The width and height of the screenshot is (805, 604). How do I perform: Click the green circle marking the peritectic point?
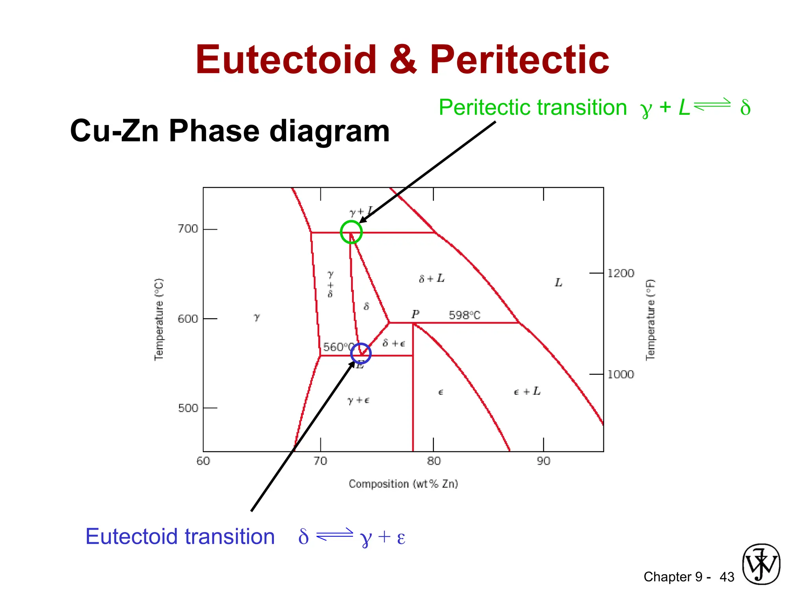point(351,232)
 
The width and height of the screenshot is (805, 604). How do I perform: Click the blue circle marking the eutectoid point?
point(361,353)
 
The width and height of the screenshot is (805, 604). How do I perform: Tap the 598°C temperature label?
point(465,315)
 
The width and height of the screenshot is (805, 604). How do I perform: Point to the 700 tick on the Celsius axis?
point(188,229)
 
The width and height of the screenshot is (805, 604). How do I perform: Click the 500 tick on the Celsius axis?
point(188,408)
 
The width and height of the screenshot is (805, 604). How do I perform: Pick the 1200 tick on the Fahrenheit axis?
point(621,273)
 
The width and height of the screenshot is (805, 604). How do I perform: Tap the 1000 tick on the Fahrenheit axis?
point(621,374)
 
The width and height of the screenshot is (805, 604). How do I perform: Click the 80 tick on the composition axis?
point(434,461)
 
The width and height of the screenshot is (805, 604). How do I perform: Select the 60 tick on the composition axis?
point(203,461)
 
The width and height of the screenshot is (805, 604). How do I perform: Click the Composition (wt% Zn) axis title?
point(403,484)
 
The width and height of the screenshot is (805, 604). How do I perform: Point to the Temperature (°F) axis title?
point(651,319)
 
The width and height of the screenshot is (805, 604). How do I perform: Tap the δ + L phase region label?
point(432,279)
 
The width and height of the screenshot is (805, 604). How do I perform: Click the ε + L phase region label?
point(527,391)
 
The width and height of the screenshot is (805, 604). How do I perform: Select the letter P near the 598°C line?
point(415,314)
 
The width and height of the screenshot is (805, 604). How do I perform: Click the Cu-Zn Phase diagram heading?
point(230,131)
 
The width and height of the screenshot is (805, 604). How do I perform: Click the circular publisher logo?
point(761,564)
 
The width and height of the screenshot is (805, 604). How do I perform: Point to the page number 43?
point(727,577)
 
